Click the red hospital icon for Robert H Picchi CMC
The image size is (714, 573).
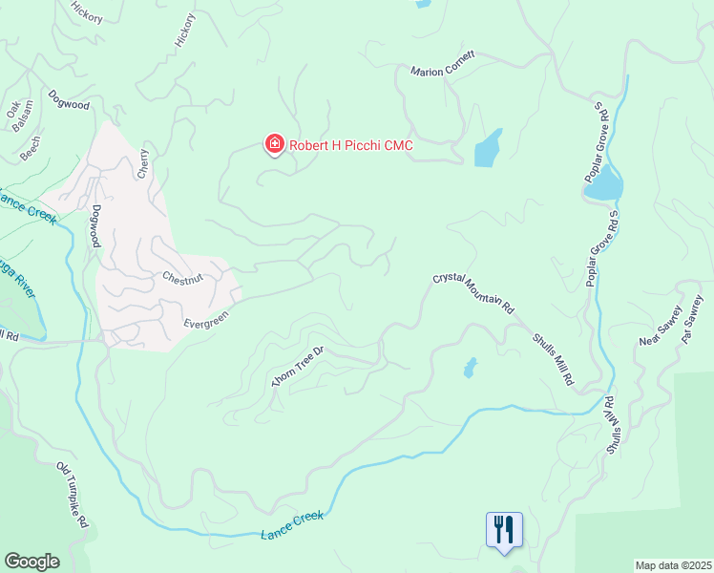[274, 144]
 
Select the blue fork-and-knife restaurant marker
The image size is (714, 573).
[503, 530]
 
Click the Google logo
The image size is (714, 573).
[31, 562]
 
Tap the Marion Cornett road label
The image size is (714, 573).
[442, 72]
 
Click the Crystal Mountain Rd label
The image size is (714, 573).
[473, 293]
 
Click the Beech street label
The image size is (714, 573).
[31, 145]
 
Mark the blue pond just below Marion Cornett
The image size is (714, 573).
[488, 148]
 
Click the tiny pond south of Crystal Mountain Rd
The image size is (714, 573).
[469, 367]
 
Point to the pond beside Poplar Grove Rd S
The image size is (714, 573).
[603, 187]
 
